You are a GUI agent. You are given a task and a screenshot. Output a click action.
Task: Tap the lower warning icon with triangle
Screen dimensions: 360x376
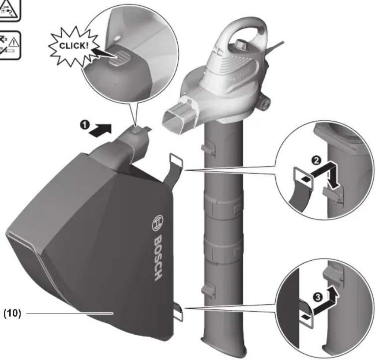pos(10,44)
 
